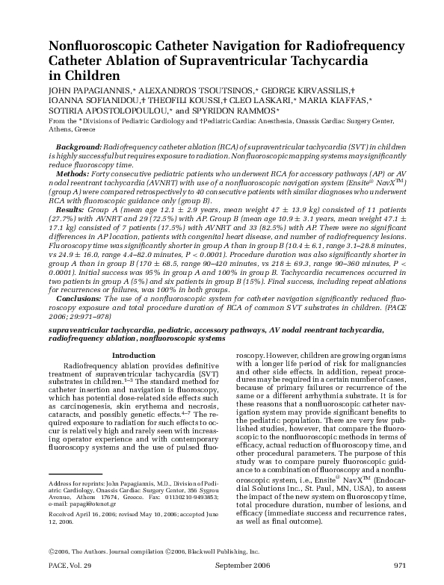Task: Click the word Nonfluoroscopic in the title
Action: point(99,46)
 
